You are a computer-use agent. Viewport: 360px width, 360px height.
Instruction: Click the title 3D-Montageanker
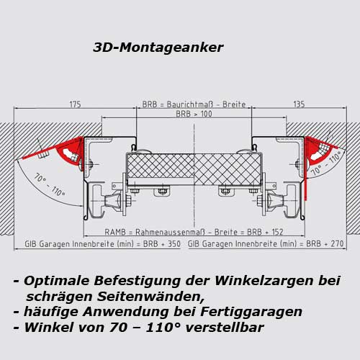[158, 48]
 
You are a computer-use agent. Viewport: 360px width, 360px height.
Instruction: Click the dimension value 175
[75, 104]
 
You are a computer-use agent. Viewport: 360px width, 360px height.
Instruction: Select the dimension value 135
[299, 104]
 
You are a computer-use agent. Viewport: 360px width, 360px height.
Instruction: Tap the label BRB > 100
[194, 114]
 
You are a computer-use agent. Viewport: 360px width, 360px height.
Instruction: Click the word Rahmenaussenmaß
[170, 232]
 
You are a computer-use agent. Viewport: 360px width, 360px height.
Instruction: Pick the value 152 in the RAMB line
[277, 232]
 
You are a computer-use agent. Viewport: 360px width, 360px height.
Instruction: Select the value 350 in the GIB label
[174, 244]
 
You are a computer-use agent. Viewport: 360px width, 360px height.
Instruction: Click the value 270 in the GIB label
[337, 244]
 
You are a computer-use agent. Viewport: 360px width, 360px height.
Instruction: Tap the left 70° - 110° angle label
[49, 185]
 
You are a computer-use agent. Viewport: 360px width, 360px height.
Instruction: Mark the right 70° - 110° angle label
[326, 163]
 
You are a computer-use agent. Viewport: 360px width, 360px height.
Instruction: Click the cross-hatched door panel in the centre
[194, 169]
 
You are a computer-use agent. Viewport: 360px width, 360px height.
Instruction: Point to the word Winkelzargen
[264, 281]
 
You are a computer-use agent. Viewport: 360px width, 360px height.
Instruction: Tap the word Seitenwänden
[150, 297]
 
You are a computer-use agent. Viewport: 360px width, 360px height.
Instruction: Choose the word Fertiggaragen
[251, 312]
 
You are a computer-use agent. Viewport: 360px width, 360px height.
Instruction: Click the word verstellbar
[225, 328]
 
